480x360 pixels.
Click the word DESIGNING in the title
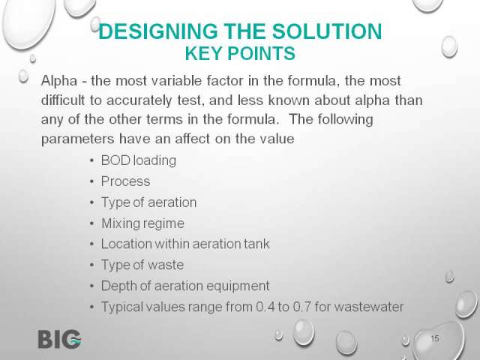point(158,31)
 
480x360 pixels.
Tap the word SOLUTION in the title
point(327,31)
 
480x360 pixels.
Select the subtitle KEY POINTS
point(240,53)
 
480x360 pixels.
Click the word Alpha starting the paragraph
point(59,81)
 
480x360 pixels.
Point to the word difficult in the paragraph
point(63,100)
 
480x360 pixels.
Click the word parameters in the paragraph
point(78,139)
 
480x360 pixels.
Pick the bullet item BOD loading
point(138,160)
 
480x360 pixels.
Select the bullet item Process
point(125,181)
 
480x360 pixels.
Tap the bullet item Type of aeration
point(148,202)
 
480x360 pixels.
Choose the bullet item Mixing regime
point(142,223)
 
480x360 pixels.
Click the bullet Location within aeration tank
point(185,244)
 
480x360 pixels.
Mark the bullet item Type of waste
point(142,265)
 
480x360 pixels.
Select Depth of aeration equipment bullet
point(185,286)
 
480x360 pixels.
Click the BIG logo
point(60,339)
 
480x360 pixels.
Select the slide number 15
point(435,338)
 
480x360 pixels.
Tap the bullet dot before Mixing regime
point(92,223)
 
